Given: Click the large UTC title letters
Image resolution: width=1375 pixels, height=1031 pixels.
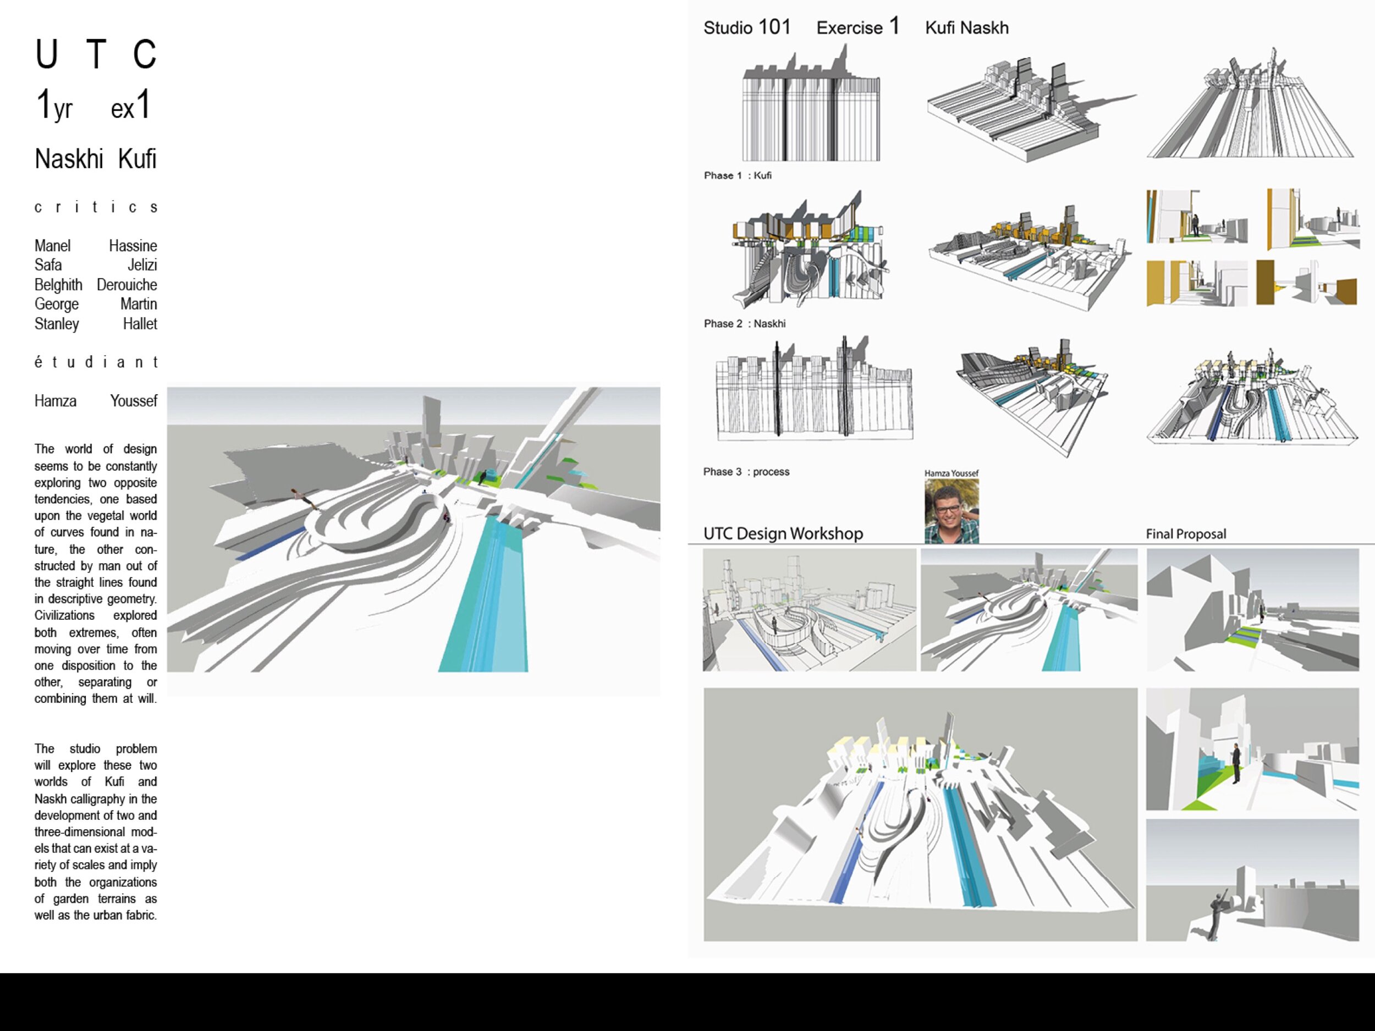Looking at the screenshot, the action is point(96,54).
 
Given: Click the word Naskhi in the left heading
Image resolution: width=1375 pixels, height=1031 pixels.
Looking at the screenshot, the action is point(69,159).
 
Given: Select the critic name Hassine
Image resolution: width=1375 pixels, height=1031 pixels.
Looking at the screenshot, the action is point(133,246).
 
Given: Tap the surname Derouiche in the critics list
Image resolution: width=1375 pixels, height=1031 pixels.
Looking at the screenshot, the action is point(127,285).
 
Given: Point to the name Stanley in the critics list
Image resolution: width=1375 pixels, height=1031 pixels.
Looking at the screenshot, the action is point(57,324).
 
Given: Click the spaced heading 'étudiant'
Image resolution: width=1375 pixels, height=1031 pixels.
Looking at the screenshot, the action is point(96,362).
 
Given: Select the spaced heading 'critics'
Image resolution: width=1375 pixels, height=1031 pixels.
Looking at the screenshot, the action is point(96,207).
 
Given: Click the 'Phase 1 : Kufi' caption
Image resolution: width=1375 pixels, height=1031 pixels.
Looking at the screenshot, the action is point(737,176).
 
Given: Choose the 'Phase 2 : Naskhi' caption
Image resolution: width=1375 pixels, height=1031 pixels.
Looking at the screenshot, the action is point(744,324).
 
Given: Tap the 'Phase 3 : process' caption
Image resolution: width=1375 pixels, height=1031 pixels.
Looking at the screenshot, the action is point(746,472).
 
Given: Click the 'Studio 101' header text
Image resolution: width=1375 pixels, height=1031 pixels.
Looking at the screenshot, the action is point(746,28).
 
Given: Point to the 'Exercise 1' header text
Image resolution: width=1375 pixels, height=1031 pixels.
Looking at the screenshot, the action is point(857,28).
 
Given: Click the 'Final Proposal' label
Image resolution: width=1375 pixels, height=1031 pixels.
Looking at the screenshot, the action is point(1185,534).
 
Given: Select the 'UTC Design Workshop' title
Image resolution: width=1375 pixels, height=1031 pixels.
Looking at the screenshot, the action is point(783,534).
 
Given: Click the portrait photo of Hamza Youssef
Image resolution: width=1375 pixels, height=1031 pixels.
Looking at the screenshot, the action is point(951,511).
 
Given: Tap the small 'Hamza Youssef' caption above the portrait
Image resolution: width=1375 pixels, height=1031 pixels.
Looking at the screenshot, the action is point(951,473).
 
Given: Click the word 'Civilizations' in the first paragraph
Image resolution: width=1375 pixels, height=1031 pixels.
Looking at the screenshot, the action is point(65,616).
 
